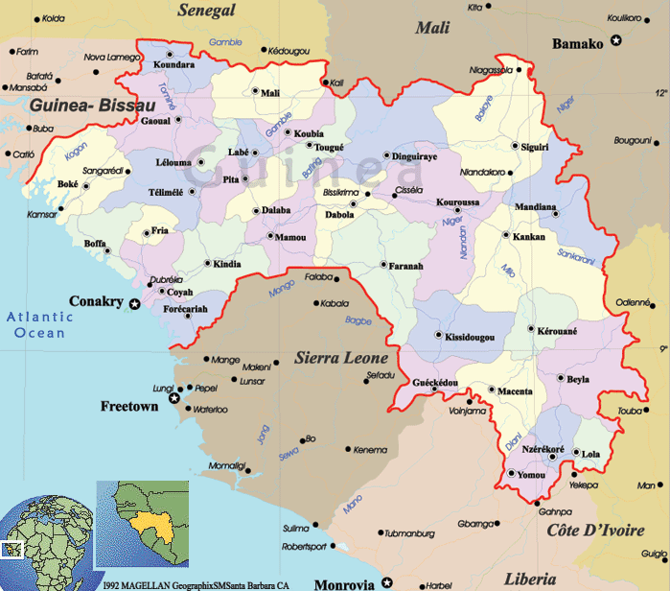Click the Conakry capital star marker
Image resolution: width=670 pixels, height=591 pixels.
pyautogui.click(x=135, y=304)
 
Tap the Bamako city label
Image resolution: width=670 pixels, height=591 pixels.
pyautogui.click(x=577, y=43)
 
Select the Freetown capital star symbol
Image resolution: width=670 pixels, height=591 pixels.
pyautogui.click(x=173, y=397)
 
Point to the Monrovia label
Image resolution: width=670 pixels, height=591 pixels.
pyautogui.click(x=347, y=582)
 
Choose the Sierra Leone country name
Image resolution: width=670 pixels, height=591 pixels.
pyautogui.click(x=340, y=358)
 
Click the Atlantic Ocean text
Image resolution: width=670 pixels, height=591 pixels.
pyautogui.click(x=39, y=325)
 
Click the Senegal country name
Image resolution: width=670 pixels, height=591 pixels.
pyautogui.click(x=207, y=11)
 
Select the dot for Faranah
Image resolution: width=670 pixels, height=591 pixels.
pyautogui.click(x=382, y=264)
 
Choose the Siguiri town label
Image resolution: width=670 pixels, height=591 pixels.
pyautogui.click(x=534, y=147)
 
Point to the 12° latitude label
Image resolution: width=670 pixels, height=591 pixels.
pyautogui.click(x=660, y=94)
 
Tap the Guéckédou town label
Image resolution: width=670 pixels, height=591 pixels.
pyautogui.click(x=434, y=383)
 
